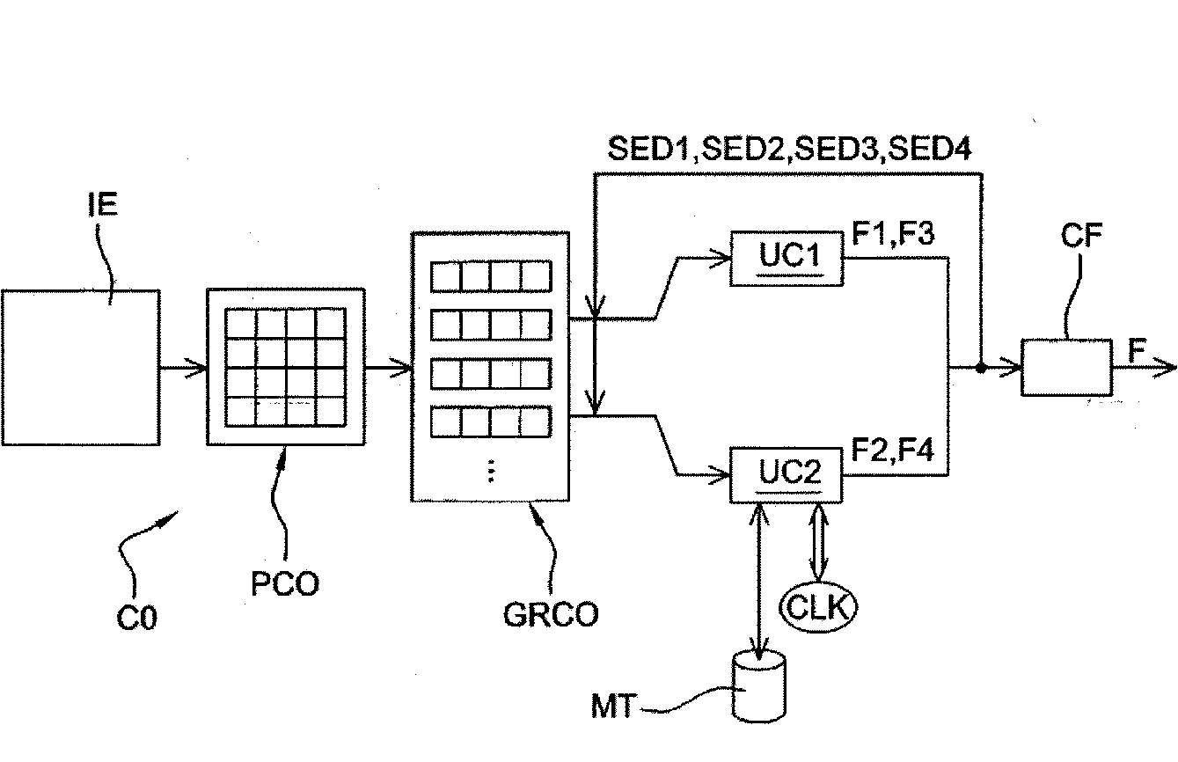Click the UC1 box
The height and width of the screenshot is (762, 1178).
pos(787,258)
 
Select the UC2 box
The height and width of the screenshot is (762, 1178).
pos(787,475)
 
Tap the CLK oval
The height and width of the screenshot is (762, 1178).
pos(818,607)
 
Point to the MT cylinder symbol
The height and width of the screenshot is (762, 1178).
pos(759,685)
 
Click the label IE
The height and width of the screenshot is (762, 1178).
pos(103,204)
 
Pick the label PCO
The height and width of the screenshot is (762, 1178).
pos(285,583)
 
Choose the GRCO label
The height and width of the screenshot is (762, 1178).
pos(551,614)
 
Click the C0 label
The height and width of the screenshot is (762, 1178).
pos(136,618)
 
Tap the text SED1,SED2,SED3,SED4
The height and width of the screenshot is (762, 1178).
pos(789,149)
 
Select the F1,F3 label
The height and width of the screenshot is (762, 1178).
pos(893,233)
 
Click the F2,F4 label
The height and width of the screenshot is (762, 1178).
pos(892,451)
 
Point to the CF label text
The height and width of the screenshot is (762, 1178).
pos(1081,235)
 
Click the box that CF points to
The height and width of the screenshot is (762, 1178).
pos(1066,367)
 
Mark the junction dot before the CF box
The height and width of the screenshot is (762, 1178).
pos(981,368)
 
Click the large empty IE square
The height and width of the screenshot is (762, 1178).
pos(81,368)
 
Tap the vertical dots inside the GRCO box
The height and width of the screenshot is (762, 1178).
pos(491,471)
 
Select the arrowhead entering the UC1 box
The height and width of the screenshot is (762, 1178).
pos(721,258)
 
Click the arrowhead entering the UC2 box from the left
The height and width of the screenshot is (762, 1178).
pos(721,475)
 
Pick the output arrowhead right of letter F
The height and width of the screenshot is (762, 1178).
pos(1164,368)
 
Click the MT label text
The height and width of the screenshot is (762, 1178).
pos(614,706)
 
